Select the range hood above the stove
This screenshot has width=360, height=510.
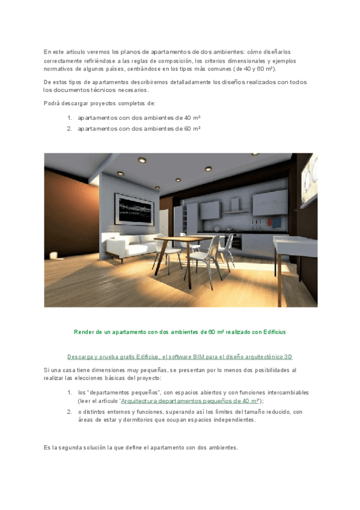pos(234,208)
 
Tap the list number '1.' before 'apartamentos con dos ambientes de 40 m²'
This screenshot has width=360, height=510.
pos(69,117)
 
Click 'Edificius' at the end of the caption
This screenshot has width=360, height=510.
pos(274,331)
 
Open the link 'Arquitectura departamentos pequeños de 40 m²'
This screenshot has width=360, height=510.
pos(190,401)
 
